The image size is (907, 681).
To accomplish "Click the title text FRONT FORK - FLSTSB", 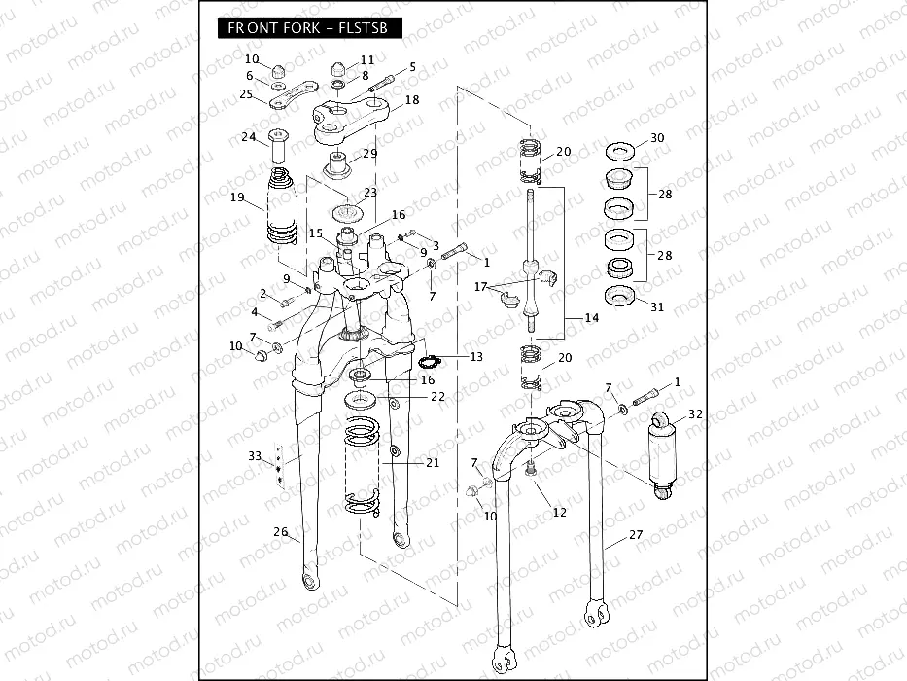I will (307, 28).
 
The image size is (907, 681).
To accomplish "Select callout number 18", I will (412, 100).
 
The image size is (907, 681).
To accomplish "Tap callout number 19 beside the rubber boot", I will (238, 197).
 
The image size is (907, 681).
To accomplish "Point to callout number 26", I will (281, 532).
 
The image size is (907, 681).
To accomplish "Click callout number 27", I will (636, 534).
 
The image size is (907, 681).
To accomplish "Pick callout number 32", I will (695, 414).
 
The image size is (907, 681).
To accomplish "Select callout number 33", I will (255, 455).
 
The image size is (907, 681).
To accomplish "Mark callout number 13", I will (475, 357).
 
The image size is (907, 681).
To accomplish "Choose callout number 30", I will (657, 138).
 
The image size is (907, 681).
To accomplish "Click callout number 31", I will (657, 306).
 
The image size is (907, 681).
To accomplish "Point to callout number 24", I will (248, 137).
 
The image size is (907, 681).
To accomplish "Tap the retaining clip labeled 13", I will (430, 363).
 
